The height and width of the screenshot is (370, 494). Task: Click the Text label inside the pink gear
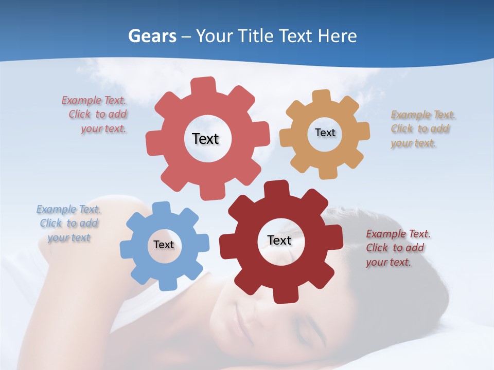click(205, 139)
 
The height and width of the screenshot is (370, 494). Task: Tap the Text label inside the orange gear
click(325, 133)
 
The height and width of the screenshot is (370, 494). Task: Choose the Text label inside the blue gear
click(164, 245)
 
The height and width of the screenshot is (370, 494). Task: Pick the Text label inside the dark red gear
click(279, 240)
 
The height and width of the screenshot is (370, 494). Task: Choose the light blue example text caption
click(68, 224)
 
